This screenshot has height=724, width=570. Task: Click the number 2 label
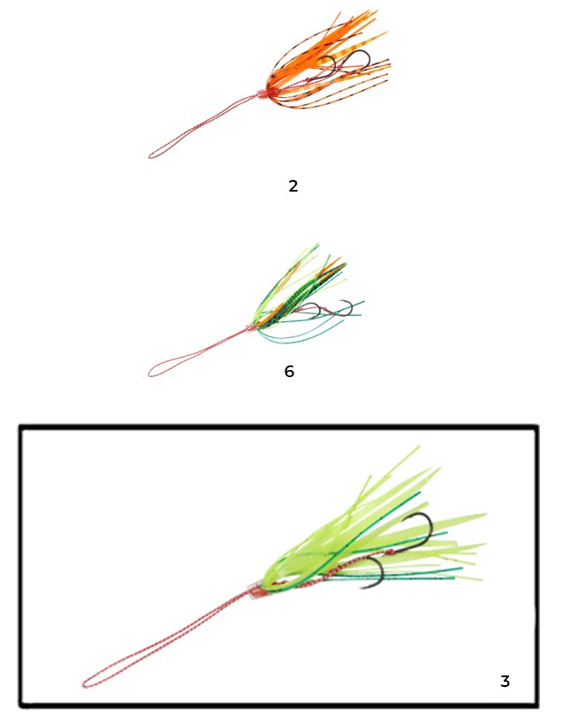pos(293,186)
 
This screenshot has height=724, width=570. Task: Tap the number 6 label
pos(289,371)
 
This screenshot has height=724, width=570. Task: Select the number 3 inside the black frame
pos(505,681)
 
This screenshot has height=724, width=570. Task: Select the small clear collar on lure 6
pos(249,328)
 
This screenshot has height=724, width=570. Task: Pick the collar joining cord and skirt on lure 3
pos(255,591)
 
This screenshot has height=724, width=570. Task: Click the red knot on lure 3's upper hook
pos(391,552)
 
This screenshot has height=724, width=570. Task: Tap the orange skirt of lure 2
pos(319,60)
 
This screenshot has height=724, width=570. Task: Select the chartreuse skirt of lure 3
pos(369,531)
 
